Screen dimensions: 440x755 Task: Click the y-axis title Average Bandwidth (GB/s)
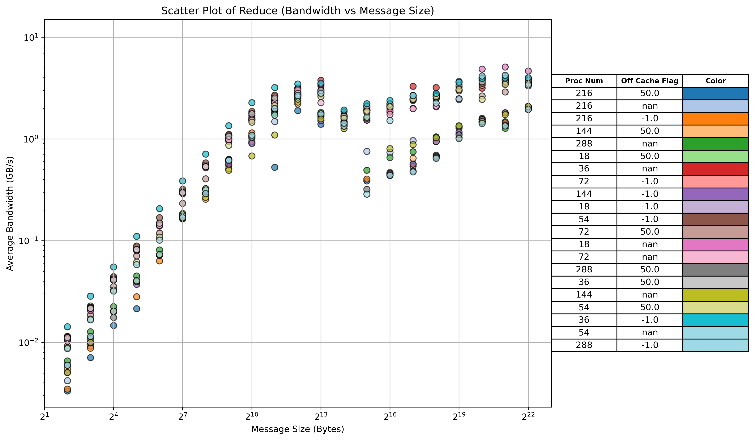(x=10, y=213)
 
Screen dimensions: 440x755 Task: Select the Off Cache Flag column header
(x=649, y=81)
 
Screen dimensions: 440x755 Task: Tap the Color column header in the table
(x=716, y=81)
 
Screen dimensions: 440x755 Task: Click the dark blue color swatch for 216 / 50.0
(x=716, y=93)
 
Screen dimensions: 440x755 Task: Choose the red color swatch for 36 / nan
(x=716, y=169)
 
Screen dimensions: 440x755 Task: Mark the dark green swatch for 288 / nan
(x=716, y=144)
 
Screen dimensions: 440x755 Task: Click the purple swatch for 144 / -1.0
(x=716, y=194)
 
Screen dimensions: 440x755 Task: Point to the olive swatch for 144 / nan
(x=716, y=295)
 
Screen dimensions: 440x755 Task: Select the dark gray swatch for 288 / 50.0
(x=716, y=270)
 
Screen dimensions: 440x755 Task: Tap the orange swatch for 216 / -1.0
(x=716, y=119)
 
